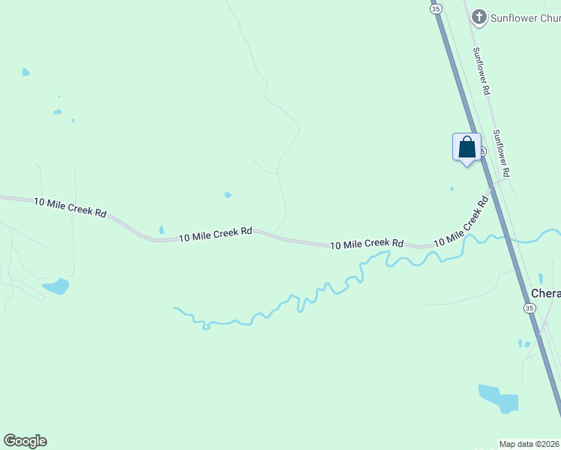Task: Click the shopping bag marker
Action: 466,147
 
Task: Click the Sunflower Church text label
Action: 525,16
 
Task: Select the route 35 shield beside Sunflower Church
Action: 436,7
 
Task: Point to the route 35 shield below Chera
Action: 529,308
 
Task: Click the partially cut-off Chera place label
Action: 545,293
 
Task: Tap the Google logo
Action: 25,441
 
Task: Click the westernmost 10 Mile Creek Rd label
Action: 70,207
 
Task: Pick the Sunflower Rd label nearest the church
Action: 481,71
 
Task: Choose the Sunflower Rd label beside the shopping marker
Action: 501,153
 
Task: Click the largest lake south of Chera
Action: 498,398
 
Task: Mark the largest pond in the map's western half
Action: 56,286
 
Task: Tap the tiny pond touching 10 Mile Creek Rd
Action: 161,229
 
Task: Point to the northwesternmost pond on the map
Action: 26,73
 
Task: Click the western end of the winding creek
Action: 175,308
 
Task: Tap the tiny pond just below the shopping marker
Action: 451,189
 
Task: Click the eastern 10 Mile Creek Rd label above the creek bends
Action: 367,244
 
